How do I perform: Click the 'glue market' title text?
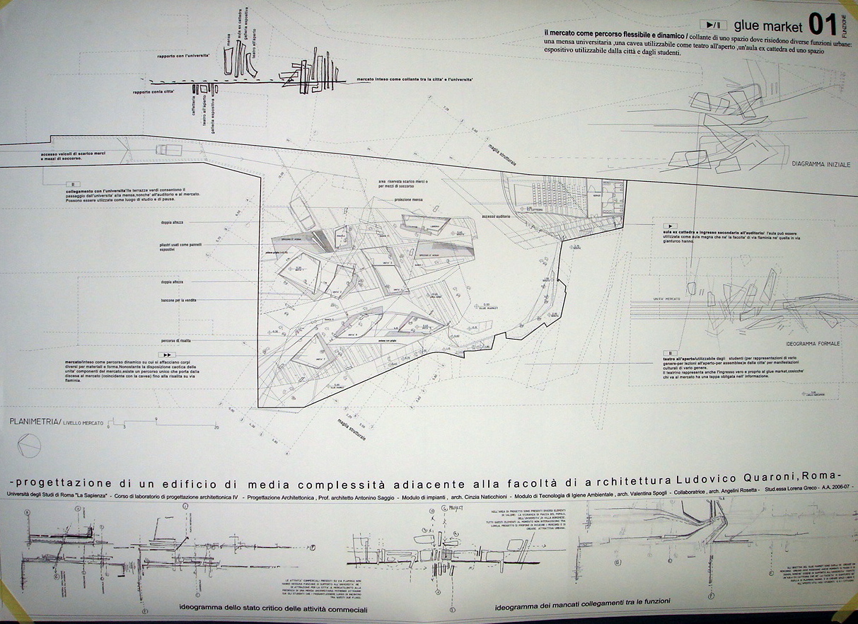point(768,27)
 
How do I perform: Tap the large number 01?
point(823,25)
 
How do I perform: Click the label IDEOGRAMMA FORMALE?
point(813,343)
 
